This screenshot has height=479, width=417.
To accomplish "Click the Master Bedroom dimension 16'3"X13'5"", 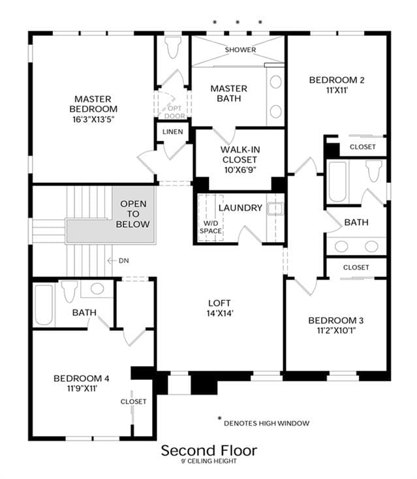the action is click(93, 119).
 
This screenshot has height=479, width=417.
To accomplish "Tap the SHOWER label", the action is click(240, 50).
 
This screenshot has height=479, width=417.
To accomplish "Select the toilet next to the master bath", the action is click(173, 45).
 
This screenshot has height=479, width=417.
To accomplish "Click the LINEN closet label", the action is click(172, 132).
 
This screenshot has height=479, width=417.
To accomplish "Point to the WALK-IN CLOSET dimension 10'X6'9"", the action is click(240, 170).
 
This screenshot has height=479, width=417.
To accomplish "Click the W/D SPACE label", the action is click(211, 227).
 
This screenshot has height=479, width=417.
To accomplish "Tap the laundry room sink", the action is click(275, 209).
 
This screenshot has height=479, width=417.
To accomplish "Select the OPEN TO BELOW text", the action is click(133, 214).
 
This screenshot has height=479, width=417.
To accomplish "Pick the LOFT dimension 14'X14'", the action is click(220, 313).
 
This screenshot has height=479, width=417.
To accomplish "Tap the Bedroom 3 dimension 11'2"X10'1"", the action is click(336, 330).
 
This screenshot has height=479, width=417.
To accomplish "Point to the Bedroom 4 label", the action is click(82, 379).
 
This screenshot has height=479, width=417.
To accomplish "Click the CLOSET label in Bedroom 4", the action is click(134, 401).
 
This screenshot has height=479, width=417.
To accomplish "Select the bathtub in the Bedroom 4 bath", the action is click(44, 305).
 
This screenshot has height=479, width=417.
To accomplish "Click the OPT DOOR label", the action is click(175, 112).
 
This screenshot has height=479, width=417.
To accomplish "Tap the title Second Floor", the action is click(209, 450).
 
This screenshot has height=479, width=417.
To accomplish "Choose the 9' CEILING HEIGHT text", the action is click(209, 461).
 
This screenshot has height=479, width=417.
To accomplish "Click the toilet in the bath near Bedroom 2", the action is click(374, 170).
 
